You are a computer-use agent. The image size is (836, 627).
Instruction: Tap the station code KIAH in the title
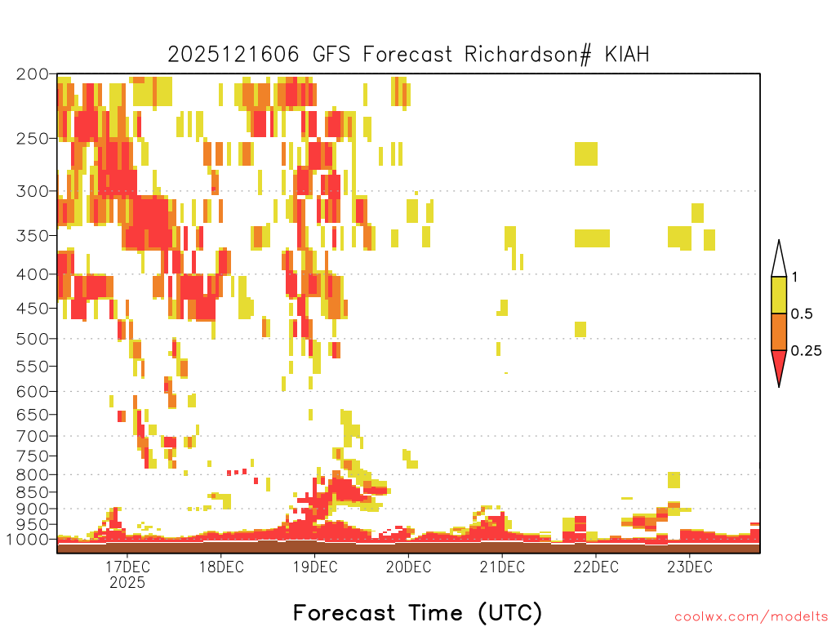click(627, 55)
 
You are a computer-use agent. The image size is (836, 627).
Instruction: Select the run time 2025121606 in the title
click(233, 55)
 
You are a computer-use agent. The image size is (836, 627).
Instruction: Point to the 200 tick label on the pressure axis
click(32, 74)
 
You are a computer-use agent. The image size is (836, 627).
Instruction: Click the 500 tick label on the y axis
click(32, 339)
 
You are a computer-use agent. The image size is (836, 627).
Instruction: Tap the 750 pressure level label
click(32, 456)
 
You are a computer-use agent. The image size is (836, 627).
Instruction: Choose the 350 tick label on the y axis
click(32, 236)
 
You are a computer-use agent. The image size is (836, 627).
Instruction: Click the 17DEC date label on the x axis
click(127, 567)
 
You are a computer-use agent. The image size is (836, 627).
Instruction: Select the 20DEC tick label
click(408, 567)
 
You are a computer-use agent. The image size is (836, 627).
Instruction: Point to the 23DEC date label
click(689, 567)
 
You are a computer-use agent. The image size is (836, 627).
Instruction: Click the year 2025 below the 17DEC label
click(127, 583)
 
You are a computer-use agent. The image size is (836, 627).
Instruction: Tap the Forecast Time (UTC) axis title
click(417, 613)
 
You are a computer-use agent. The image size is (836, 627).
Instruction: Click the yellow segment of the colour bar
click(779, 295)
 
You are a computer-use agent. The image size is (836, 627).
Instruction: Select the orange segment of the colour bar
click(779, 331)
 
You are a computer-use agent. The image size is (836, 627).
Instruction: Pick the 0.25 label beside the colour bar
click(806, 351)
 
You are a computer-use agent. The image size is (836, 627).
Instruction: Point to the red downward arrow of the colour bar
click(779, 365)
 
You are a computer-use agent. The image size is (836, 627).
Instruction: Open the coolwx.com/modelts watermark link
click(751, 617)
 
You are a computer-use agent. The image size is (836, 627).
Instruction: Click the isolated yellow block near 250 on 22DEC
click(586, 154)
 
